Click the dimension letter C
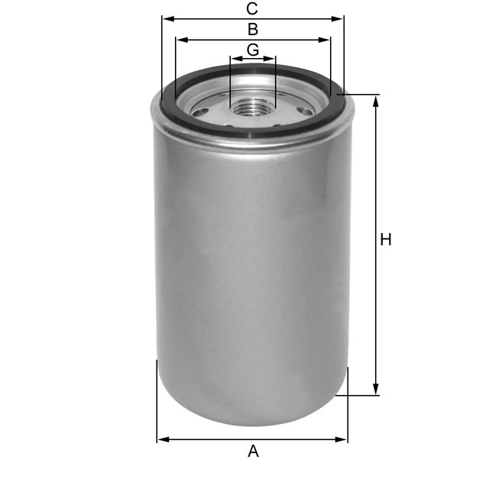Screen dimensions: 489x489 (x=252, y=9)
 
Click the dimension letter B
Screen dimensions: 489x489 (x=252, y=30)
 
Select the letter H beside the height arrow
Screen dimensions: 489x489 (x=386, y=239)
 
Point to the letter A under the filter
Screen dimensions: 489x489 (x=253, y=452)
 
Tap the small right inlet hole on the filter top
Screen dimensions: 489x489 (x=306, y=112)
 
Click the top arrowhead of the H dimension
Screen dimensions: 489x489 (x=375, y=100)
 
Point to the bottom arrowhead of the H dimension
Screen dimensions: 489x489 (x=375, y=390)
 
